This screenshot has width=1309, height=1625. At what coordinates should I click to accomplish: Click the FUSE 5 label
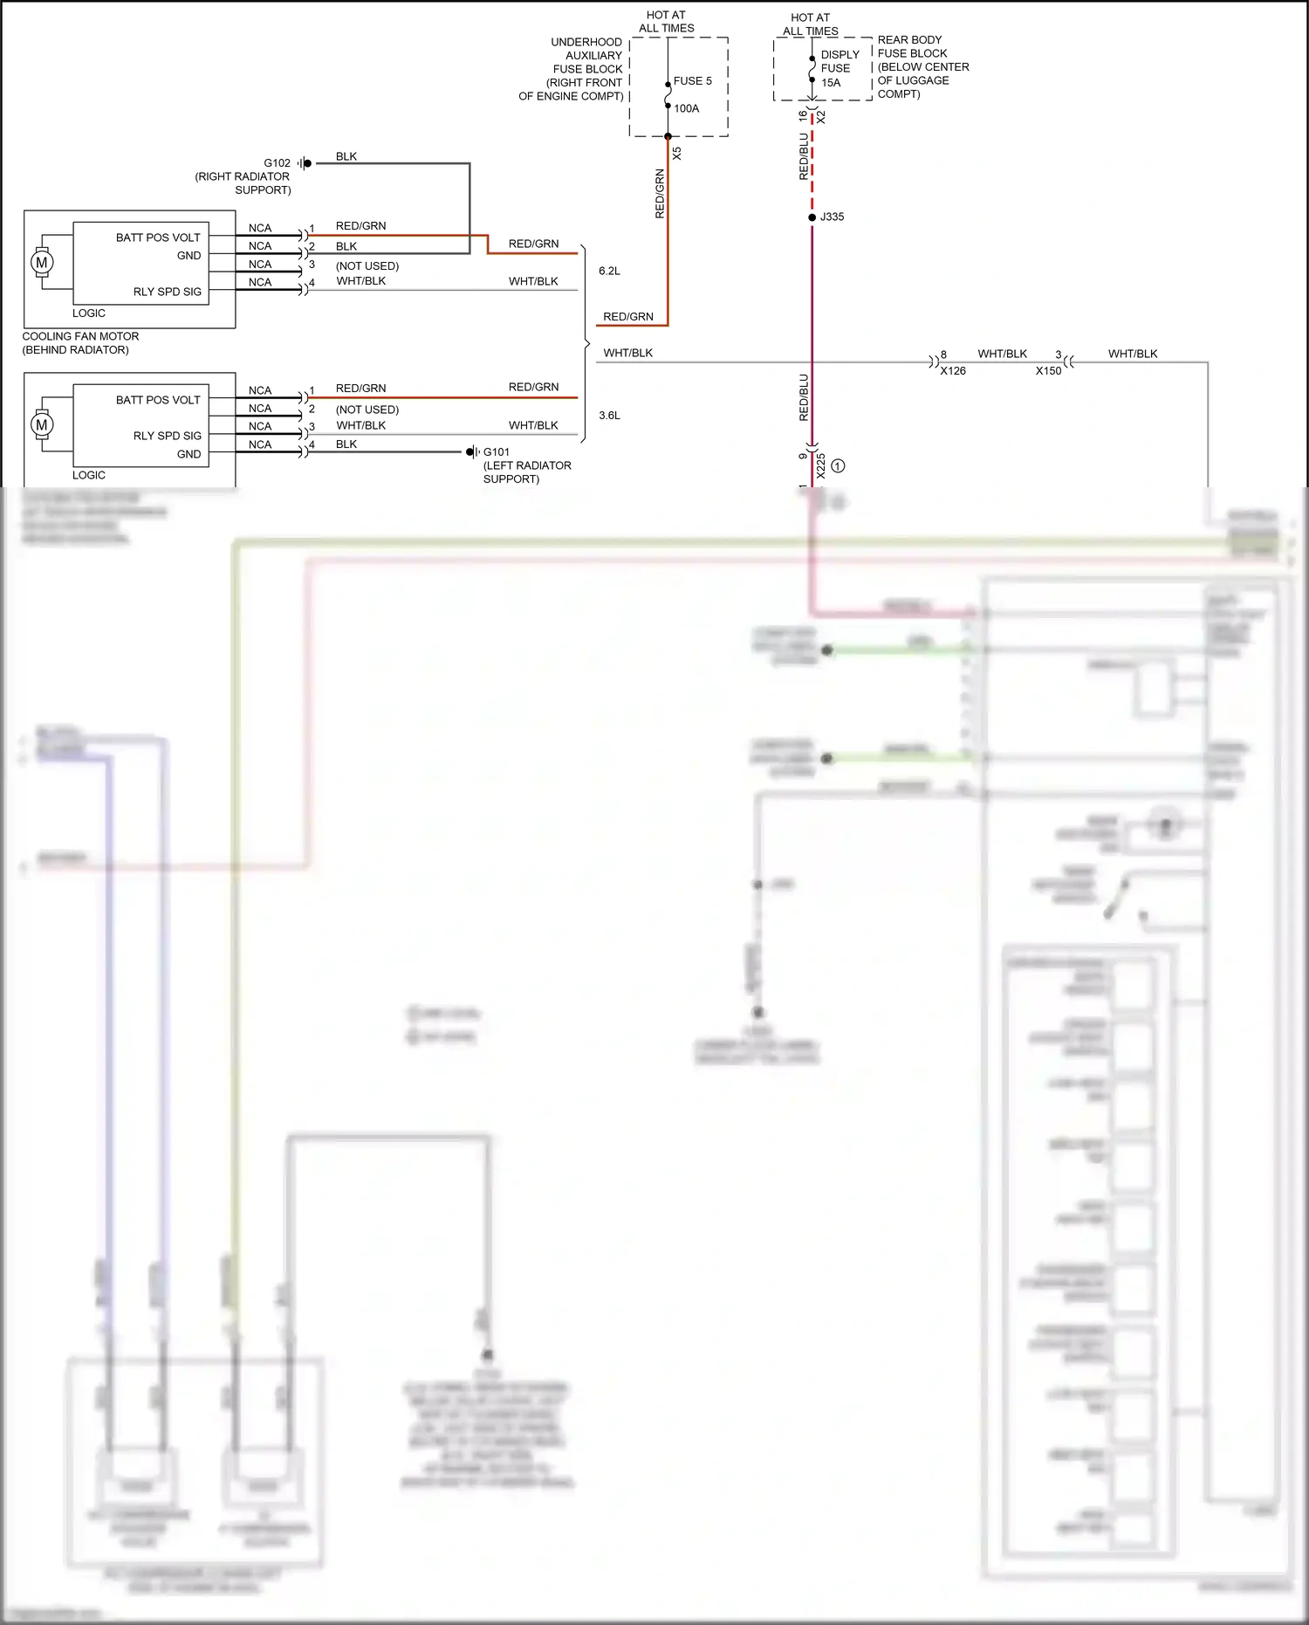point(692,81)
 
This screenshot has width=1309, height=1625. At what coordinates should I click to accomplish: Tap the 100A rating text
point(686,109)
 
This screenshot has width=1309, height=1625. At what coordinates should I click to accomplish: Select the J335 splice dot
point(812,217)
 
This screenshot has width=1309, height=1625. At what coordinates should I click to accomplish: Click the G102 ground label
point(277,163)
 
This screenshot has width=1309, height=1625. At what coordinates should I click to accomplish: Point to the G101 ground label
point(497,452)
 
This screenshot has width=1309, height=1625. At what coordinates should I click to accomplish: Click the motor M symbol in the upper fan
point(41,262)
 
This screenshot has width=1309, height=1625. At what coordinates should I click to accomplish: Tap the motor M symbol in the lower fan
point(41,424)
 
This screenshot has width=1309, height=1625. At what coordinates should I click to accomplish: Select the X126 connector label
point(953,371)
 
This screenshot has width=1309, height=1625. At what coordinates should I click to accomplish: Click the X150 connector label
point(1048,371)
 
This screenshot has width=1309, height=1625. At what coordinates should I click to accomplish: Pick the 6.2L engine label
point(609,272)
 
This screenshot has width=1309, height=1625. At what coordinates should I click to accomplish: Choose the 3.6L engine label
point(609,416)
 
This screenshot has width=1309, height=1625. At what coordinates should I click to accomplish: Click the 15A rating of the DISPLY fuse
point(831,83)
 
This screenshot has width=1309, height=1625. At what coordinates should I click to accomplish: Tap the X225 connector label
point(821,465)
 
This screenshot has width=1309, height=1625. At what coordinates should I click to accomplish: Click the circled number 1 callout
point(838,466)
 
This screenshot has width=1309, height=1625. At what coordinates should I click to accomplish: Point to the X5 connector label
point(677,153)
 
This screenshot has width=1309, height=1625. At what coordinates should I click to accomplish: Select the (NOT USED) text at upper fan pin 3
point(367,266)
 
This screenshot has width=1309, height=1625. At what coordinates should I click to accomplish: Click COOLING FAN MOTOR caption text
point(80,336)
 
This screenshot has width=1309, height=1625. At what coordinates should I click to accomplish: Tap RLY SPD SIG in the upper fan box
point(167,292)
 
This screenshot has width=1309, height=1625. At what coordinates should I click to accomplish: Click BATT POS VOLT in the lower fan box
point(158,400)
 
